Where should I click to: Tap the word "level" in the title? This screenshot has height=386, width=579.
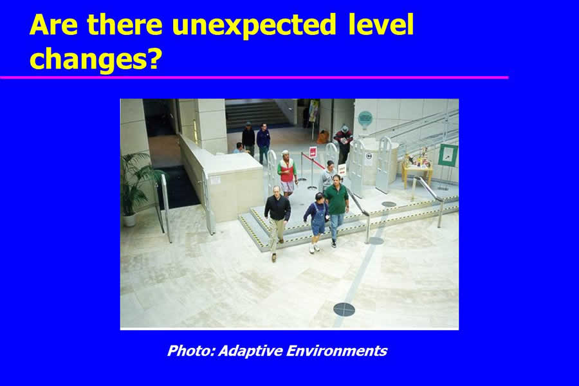point(381,24)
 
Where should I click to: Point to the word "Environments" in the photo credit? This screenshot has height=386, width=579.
point(336,350)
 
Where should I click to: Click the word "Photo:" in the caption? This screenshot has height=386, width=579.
point(191,350)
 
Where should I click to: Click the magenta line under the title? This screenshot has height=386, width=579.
point(254,78)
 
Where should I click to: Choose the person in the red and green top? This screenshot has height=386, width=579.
point(288,173)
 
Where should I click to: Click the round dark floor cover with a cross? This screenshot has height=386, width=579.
point(344,309)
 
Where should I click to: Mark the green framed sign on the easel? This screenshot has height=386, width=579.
point(448,155)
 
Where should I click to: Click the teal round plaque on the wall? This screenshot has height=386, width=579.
point(365,118)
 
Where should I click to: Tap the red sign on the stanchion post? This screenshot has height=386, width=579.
point(313,152)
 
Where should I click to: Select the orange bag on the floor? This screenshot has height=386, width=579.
point(323,138)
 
